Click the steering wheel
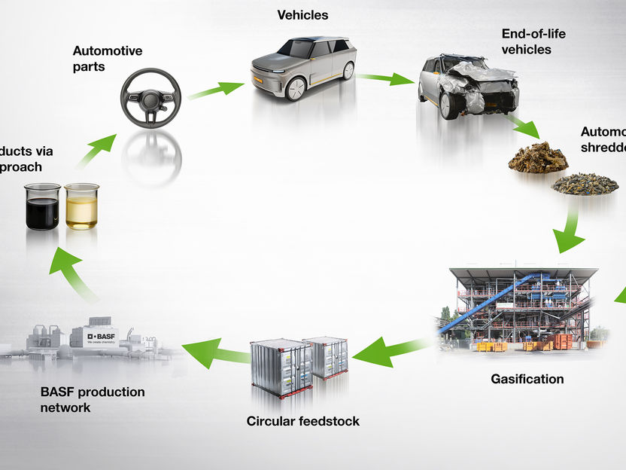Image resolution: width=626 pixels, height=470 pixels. (150, 98)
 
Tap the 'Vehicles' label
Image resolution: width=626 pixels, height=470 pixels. (302, 15)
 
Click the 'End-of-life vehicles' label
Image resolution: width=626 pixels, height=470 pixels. (533, 41)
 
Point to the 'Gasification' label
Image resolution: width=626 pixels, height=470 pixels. (527, 379)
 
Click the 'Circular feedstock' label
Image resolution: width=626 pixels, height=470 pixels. (302, 421)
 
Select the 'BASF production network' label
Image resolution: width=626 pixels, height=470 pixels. (92, 400)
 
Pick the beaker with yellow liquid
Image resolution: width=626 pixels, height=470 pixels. (81, 206)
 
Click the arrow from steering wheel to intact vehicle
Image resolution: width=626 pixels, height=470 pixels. (216, 90)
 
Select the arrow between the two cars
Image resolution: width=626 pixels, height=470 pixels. (385, 78)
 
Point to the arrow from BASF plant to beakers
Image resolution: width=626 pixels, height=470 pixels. (75, 273)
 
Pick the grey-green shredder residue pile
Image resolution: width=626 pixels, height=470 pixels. (585, 184)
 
